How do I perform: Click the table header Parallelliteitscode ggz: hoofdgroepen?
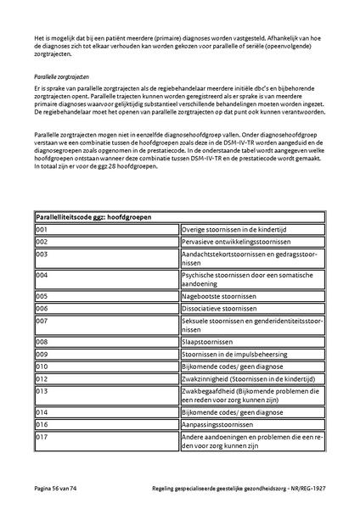(x=93, y=217)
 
